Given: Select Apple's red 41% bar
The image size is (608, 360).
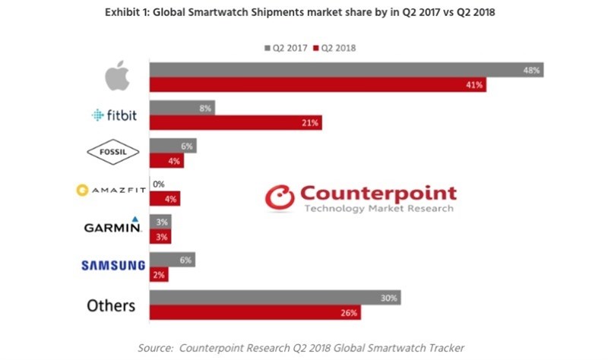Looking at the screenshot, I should tap(318, 84).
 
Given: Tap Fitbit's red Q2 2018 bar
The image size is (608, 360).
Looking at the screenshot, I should tap(236, 122).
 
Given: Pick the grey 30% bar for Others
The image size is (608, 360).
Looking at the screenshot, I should tap(274, 298).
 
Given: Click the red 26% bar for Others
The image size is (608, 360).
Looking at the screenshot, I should tap(254, 312).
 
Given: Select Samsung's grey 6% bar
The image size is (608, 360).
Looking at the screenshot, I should tap(172, 260).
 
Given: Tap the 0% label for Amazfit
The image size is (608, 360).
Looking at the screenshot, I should tap(159, 185).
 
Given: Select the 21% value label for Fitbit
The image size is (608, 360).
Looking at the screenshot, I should tap(310, 122).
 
